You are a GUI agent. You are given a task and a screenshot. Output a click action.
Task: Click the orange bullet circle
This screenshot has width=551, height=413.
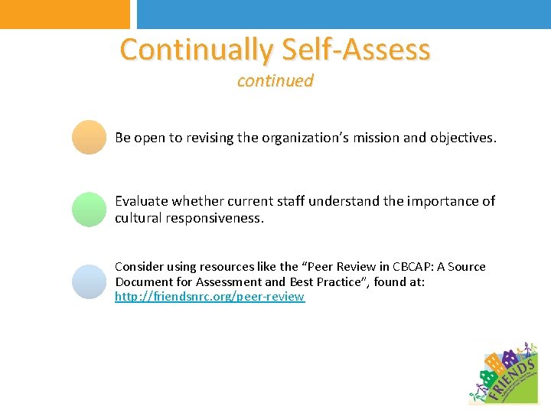click(89, 138)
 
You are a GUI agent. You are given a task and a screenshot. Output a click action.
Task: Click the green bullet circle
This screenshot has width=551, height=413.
click(89, 209)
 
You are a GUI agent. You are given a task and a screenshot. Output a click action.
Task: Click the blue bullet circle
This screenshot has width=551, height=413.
click(89, 281)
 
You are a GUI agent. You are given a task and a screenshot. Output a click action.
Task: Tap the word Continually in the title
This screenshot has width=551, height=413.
click(196, 50)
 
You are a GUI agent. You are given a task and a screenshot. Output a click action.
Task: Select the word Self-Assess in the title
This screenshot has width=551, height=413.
click(356, 50)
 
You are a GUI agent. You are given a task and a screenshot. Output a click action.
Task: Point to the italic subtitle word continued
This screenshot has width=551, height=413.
click(275, 80)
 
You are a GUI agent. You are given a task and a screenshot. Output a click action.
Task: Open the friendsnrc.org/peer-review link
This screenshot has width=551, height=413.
click(210, 297)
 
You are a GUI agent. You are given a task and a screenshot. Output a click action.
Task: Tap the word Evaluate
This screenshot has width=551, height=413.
click(141, 201)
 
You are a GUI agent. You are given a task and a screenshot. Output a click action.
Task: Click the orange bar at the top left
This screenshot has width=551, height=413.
click(65, 14)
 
